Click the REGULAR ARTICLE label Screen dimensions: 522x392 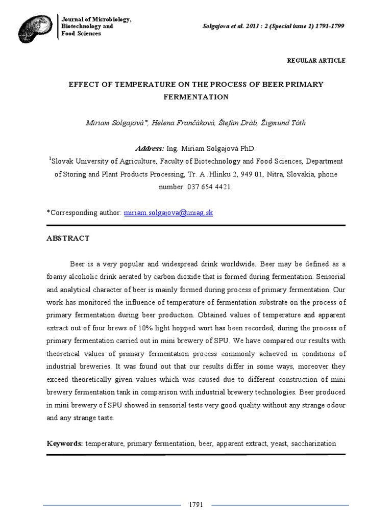tap(316, 61)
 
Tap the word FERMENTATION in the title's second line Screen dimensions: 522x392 tap(196, 96)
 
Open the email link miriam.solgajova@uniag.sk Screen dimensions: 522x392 tap(168, 213)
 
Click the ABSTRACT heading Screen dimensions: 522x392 tap(68, 238)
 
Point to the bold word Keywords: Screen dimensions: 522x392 tap(65, 443)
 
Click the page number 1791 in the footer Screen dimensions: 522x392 tap(196, 505)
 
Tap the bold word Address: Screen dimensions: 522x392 tap(150, 148)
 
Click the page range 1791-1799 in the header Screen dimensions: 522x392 tap(326, 27)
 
